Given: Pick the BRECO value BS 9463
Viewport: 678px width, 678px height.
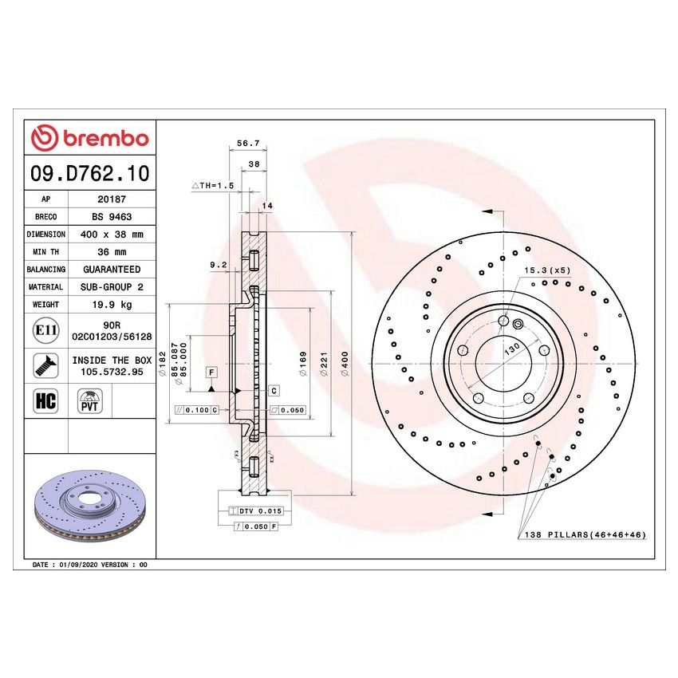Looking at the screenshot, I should (110, 217).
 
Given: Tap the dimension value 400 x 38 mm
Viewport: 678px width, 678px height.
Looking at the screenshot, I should (110, 235).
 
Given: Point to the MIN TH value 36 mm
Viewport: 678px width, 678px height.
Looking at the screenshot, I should (110, 252).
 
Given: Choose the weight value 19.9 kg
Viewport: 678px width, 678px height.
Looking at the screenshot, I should (110, 304).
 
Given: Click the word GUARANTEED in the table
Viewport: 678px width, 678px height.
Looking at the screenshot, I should (110, 270).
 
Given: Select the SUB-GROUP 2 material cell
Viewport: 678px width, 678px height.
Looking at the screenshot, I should (110, 286).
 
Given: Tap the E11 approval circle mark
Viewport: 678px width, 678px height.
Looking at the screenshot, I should (46, 331).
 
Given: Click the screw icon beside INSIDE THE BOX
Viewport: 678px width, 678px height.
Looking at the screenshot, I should (45, 365).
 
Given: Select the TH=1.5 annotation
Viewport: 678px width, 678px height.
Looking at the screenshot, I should (212, 185).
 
